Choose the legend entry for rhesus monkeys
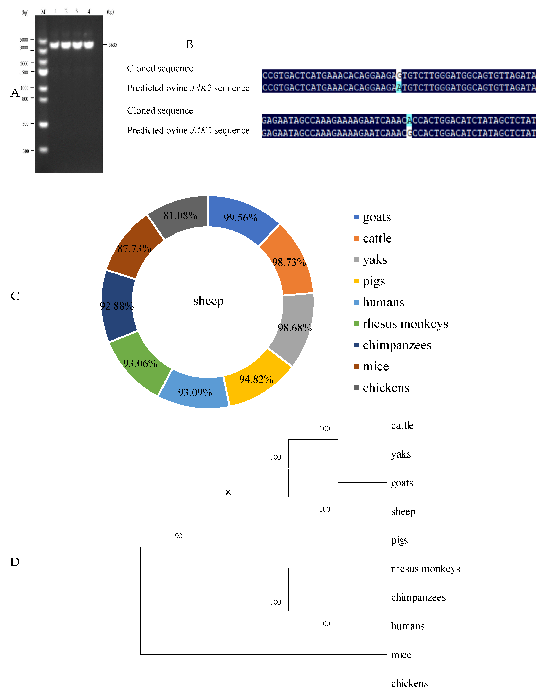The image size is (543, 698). [x=405, y=324]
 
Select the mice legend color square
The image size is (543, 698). [x=357, y=366]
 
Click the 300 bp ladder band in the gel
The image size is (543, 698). [x=43, y=150]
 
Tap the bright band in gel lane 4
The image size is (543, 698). [x=89, y=44]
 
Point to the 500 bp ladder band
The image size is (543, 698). [x=43, y=124]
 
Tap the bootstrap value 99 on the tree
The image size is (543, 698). [x=228, y=493]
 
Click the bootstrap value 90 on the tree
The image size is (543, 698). [x=178, y=536]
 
